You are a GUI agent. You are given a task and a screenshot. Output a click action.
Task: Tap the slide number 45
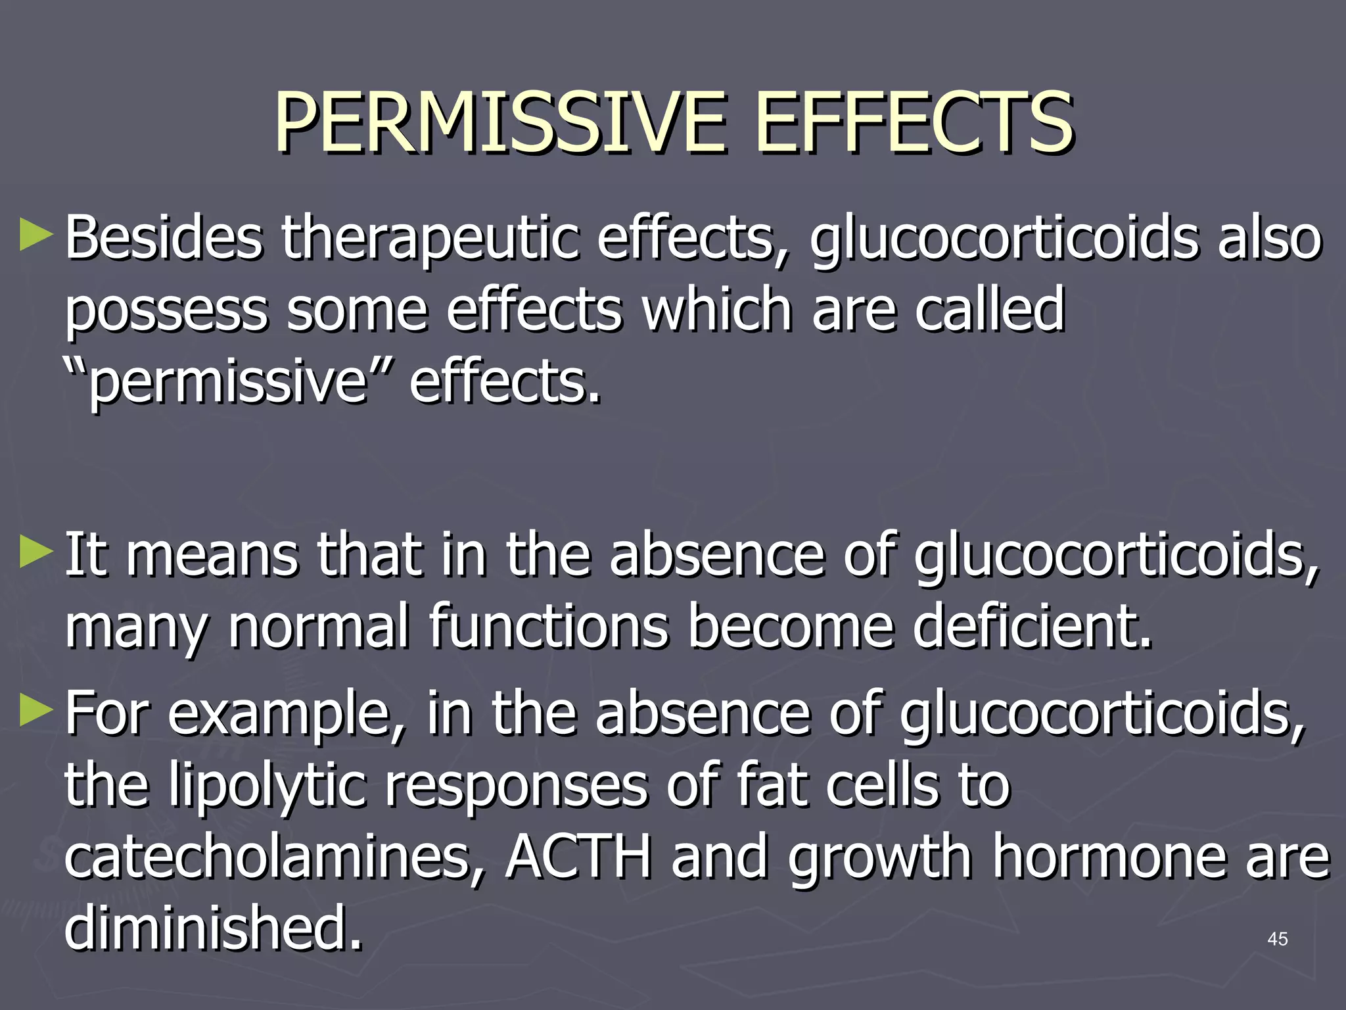1277,939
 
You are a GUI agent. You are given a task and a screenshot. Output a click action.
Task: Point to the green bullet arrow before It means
35,552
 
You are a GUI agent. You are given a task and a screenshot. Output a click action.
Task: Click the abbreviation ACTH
578,857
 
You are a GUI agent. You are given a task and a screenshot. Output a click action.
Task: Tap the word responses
517,786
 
